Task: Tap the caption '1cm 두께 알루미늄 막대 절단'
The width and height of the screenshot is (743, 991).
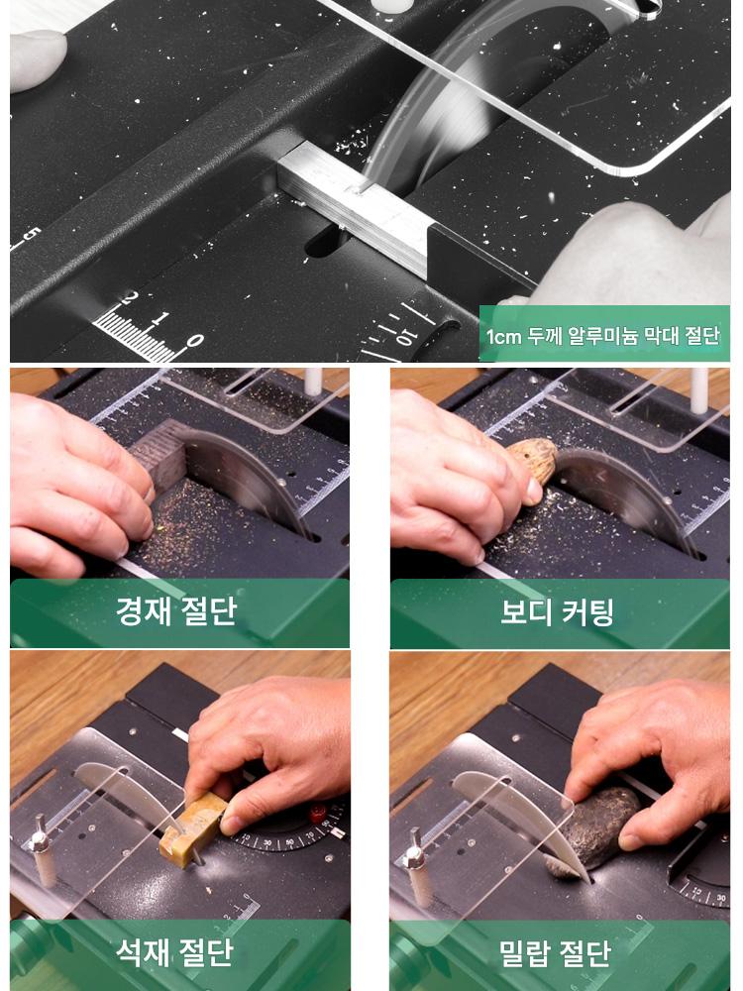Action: pyautogui.click(x=602, y=336)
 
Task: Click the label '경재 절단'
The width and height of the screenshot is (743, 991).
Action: pyautogui.click(x=176, y=610)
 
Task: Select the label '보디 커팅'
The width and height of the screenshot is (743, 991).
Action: pyautogui.click(x=557, y=610)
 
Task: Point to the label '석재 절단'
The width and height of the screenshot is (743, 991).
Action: pyautogui.click(x=173, y=952)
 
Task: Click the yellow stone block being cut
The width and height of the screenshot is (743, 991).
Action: pyautogui.click(x=192, y=826)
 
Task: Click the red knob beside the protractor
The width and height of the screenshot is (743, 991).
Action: pyautogui.click(x=318, y=814)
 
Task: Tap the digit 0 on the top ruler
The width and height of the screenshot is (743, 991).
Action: pyautogui.click(x=194, y=341)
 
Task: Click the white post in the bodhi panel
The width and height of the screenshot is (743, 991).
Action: pyautogui.click(x=698, y=390)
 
